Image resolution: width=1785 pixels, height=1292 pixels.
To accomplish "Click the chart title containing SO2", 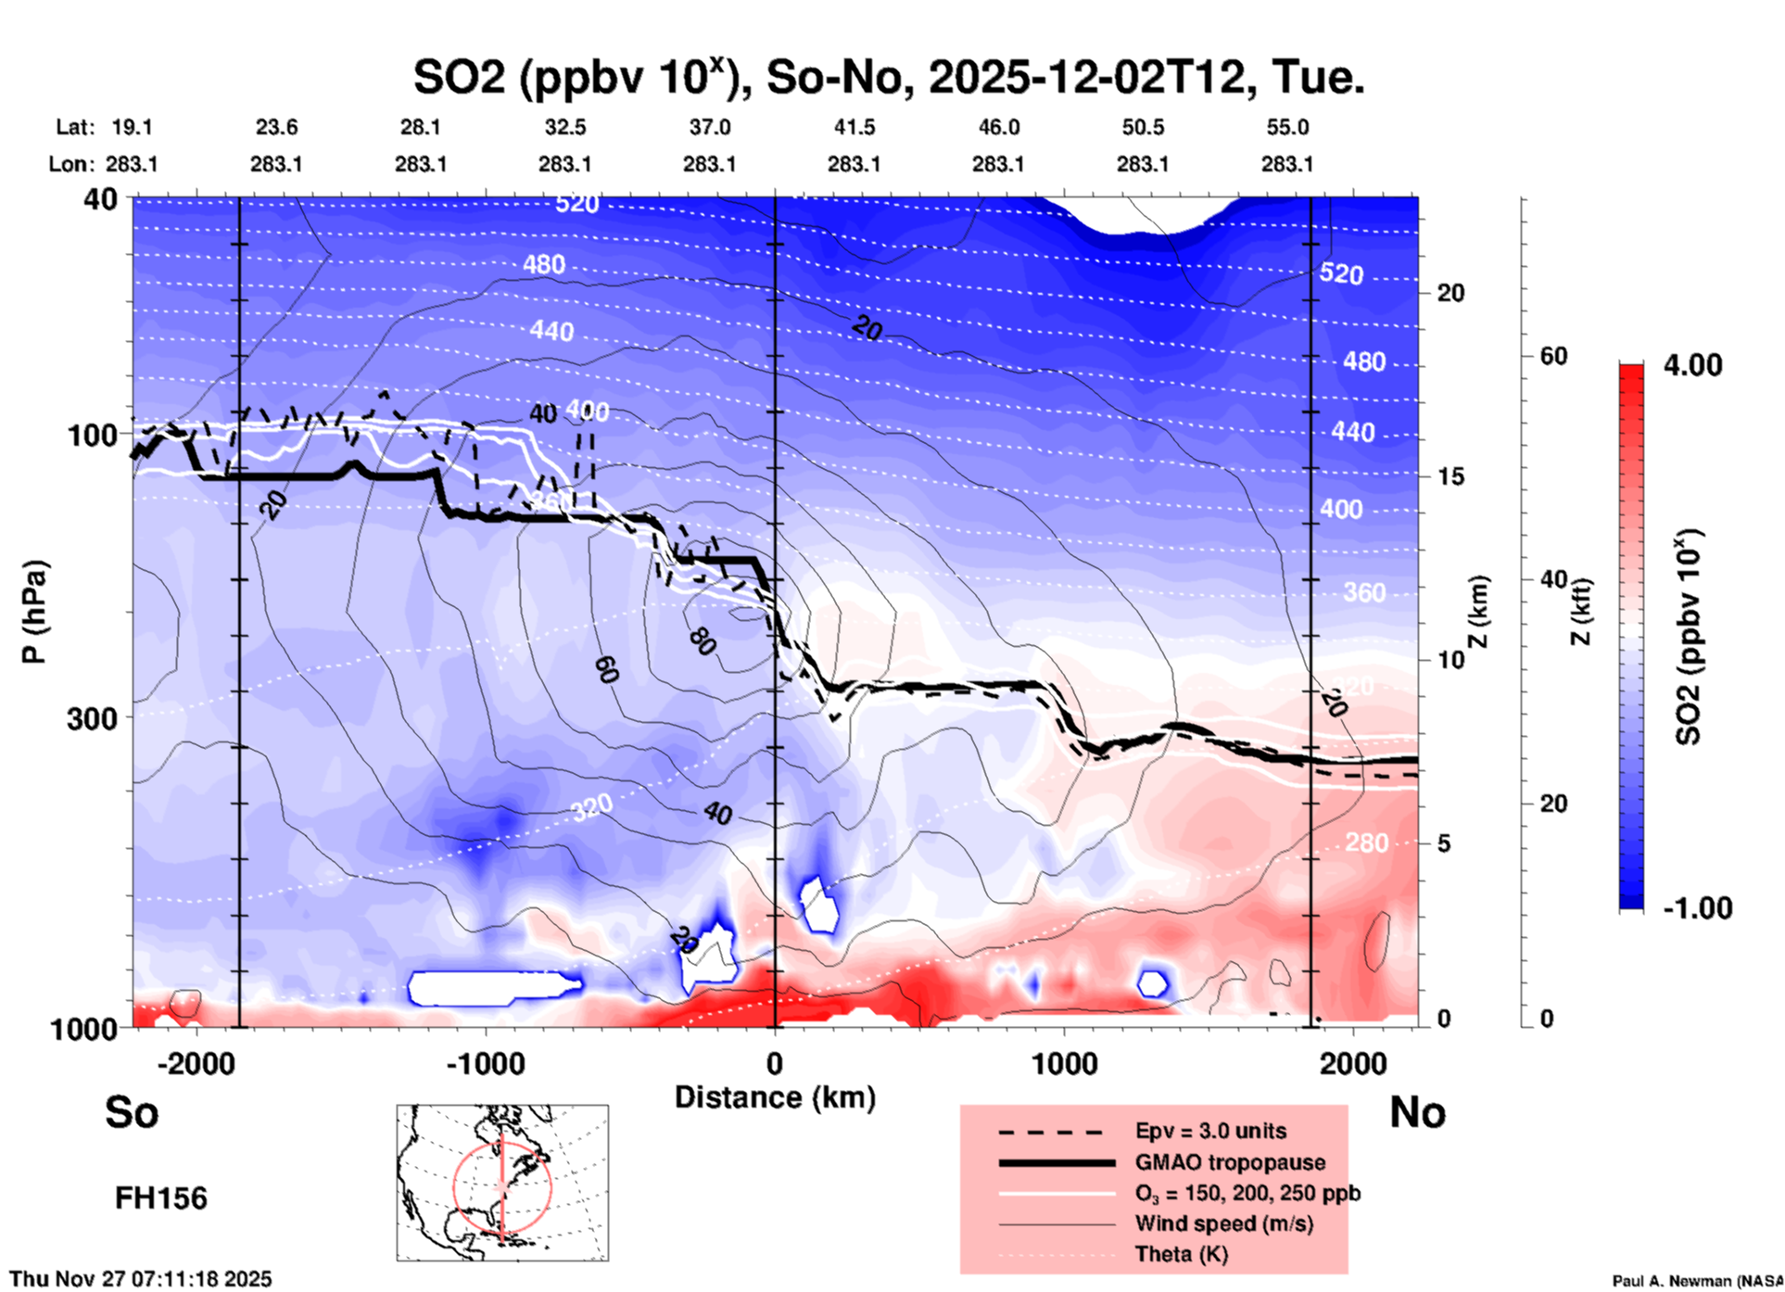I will tap(888, 78).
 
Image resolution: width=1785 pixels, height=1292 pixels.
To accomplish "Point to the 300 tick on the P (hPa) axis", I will tap(93, 718).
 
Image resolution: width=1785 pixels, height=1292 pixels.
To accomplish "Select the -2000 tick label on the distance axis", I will tap(196, 1064).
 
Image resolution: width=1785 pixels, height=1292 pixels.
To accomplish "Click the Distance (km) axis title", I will tap(775, 1097).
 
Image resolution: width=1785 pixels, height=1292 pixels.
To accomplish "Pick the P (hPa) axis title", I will tap(34, 613).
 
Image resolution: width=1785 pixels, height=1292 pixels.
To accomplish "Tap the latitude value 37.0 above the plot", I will tap(709, 127).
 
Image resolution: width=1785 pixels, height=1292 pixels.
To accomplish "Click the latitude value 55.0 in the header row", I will tap(1287, 127).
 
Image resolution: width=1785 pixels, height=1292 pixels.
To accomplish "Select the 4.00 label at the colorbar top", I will tap(1692, 365).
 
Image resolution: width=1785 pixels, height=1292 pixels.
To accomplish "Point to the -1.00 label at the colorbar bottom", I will tap(1697, 908).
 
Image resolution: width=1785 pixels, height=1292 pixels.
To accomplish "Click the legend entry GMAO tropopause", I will tap(1230, 1162).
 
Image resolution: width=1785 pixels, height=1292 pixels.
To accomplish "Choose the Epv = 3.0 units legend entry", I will tap(1210, 1131).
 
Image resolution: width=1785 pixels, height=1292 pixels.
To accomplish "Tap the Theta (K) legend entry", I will tap(1181, 1254).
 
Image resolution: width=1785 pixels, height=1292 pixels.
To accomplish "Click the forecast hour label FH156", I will tap(161, 1198).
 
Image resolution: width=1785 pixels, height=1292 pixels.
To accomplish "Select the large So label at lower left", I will tap(132, 1112).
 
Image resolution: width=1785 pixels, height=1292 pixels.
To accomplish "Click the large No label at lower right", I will tap(1417, 1112).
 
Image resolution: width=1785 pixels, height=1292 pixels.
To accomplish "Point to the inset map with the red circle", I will tap(502, 1183).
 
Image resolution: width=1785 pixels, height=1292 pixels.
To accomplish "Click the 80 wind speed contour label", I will tap(703, 640).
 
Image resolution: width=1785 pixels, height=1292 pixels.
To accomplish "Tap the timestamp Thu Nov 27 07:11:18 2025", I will tap(141, 1279).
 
